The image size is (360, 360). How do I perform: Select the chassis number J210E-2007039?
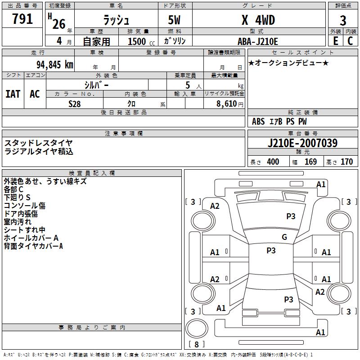[302, 143]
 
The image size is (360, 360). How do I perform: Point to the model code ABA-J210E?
[258, 41]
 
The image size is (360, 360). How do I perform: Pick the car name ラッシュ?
[116, 20]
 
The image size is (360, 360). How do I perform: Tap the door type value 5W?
[175, 20]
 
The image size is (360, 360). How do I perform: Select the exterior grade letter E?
[335, 41]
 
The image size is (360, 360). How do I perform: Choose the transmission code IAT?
[13, 94]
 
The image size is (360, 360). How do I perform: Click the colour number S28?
[75, 103]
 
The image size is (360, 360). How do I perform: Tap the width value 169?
[311, 162]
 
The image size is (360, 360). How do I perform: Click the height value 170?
[346, 162]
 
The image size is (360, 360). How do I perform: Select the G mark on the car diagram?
[284, 237]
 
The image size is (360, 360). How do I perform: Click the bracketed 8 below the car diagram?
[196, 344]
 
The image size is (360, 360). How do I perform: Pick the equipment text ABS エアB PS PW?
[279, 121]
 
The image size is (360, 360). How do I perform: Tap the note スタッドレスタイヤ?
[39, 143]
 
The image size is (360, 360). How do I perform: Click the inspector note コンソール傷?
[25, 206]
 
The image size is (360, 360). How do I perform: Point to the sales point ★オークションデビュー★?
[288, 63]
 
